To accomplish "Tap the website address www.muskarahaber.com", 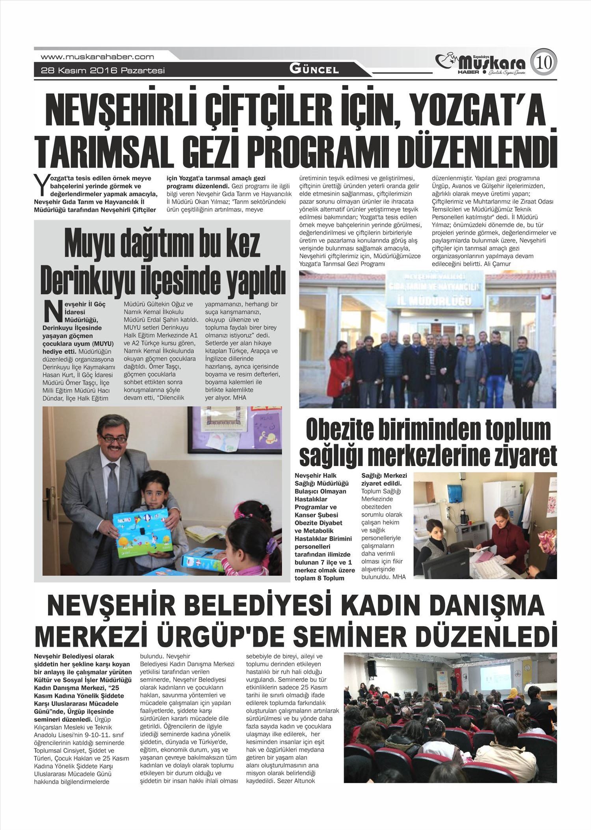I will (97, 57).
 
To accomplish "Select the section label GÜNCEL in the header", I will (314, 70).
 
